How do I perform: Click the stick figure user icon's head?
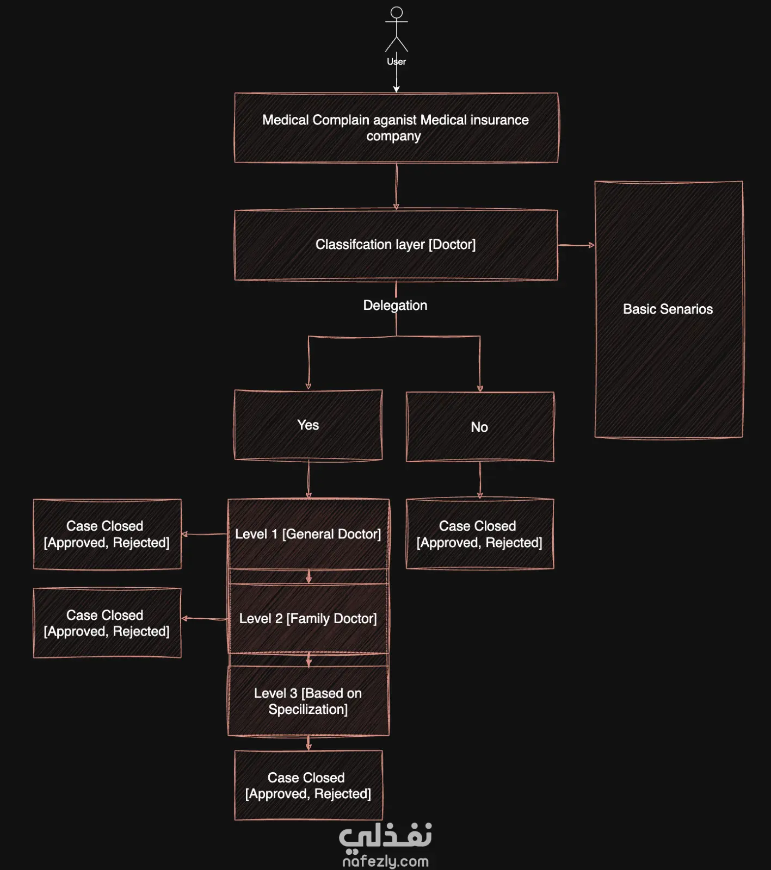point(397,13)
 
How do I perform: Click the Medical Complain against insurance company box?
point(396,128)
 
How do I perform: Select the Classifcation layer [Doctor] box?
point(396,245)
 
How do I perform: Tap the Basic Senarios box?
point(669,309)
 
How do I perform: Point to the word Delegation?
point(395,306)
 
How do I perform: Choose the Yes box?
point(308,425)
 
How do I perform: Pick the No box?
point(480,427)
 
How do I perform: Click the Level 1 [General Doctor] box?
point(309,534)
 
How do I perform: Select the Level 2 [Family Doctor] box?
point(309,619)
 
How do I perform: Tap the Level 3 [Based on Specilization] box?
point(309,701)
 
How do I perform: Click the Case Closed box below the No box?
point(480,534)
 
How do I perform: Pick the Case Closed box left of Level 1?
point(107,534)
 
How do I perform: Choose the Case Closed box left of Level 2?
point(107,623)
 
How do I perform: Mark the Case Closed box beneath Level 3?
point(309,785)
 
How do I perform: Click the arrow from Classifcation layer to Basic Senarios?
point(576,245)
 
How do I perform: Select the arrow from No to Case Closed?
point(480,481)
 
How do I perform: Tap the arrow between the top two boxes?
point(396,187)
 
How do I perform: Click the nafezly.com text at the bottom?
point(385,861)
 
